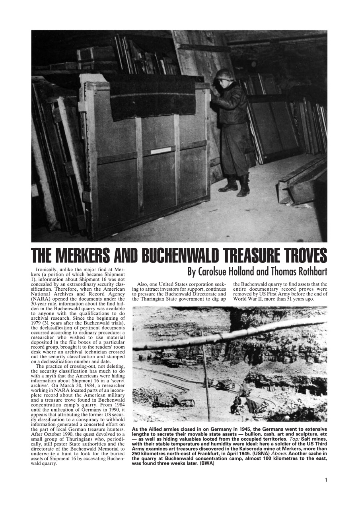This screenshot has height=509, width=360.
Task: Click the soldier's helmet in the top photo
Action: tap(225, 75)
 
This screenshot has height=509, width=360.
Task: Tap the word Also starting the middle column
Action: tap(143, 284)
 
